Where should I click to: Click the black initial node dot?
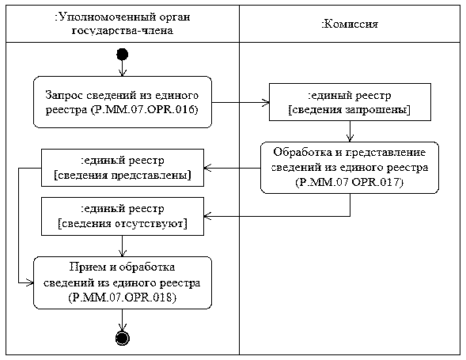point(122,55)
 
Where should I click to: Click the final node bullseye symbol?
point(123,338)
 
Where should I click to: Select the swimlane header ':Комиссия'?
point(350,24)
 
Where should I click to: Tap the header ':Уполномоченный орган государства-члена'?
point(123,24)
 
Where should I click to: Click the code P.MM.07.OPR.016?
point(145,110)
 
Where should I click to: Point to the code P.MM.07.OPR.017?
point(350,182)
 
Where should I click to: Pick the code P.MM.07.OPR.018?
point(123,297)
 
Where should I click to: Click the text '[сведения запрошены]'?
point(350,110)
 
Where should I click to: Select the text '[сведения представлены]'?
point(123,175)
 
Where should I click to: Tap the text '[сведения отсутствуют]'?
point(123,223)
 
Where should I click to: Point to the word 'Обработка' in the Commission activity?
point(302,152)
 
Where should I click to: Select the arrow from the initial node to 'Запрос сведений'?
point(122,68)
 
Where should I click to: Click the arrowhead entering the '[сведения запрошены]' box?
point(265,103)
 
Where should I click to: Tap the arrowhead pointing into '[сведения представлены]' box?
point(208,168)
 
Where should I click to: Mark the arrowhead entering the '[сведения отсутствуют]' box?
point(208,216)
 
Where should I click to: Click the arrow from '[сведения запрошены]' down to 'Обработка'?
point(350,131)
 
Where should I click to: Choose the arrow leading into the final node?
point(122,320)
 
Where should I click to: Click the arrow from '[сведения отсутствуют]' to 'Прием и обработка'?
point(122,246)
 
